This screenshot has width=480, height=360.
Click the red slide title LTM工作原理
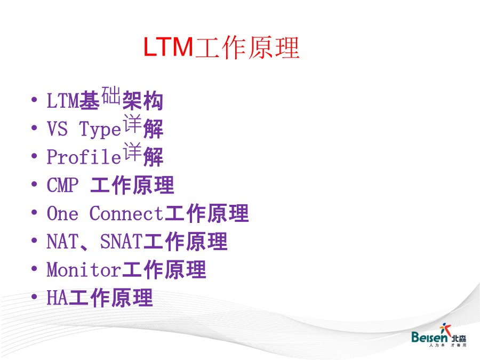(x=221, y=47)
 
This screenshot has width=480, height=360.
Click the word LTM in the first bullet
(x=63, y=100)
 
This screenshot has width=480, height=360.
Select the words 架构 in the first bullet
(x=142, y=100)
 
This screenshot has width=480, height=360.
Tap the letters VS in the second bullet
(x=57, y=129)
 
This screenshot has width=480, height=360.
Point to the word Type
(x=100, y=129)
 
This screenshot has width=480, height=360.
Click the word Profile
(x=84, y=156)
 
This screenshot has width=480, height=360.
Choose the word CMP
(x=62, y=185)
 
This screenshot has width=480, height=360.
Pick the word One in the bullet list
(x=62, y=213)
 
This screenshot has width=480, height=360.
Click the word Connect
(x=126, y=213)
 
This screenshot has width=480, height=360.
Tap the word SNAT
(x=121, y=241)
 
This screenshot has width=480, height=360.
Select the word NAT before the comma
(x=62, y=241)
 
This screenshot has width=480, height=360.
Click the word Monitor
(x=84, y=269)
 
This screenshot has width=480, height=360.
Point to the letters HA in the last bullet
(x=57, y=298)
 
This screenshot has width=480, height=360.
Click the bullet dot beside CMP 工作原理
(x=34, y=185)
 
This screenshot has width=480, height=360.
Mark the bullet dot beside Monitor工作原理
(x=34, y=269)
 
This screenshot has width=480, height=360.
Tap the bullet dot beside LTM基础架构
(x=34, y=100)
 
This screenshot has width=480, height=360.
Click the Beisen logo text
(x=429, y=337)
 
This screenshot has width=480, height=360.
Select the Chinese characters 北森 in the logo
(x=459, y=338)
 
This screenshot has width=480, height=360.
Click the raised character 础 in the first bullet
(x=111, y=95)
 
